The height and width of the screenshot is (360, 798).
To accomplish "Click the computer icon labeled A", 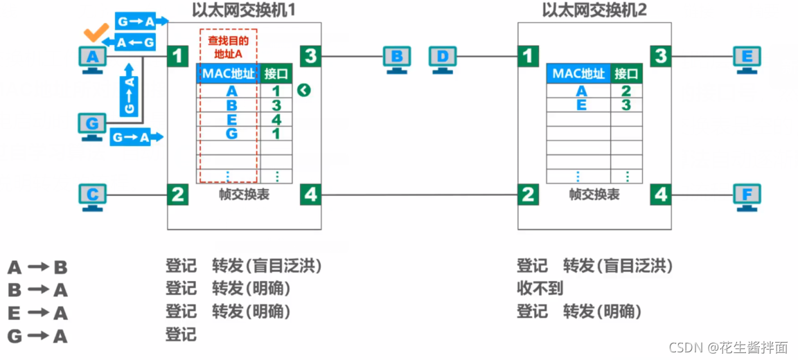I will click(92, 58).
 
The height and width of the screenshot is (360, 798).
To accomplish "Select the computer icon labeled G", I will click(92, 127).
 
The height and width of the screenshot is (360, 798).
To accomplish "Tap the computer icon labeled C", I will click(92, 195).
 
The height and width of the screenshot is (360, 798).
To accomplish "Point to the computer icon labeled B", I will click(397, 58).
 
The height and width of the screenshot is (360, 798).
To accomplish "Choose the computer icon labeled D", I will click(443, 58).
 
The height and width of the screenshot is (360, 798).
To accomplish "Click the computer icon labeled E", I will click(747, 58).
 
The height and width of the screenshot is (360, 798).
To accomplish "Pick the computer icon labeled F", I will click(747, 195).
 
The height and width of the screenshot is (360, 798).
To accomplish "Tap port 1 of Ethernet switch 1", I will click(178, 56).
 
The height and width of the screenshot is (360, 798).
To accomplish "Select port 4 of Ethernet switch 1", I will click(310, 195).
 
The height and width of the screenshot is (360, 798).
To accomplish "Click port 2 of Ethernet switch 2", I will click(529, 195).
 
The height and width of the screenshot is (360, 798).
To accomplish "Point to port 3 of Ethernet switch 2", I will click(661, 56).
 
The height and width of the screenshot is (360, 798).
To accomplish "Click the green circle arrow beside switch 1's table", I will click(303, 90).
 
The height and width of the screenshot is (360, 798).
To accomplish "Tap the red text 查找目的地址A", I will click(229, 46).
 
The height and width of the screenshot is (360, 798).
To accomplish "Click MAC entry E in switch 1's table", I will click(231, 119).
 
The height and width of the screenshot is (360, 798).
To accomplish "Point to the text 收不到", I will click(540, 288).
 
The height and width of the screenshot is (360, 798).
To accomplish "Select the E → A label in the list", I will click(37, 313).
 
